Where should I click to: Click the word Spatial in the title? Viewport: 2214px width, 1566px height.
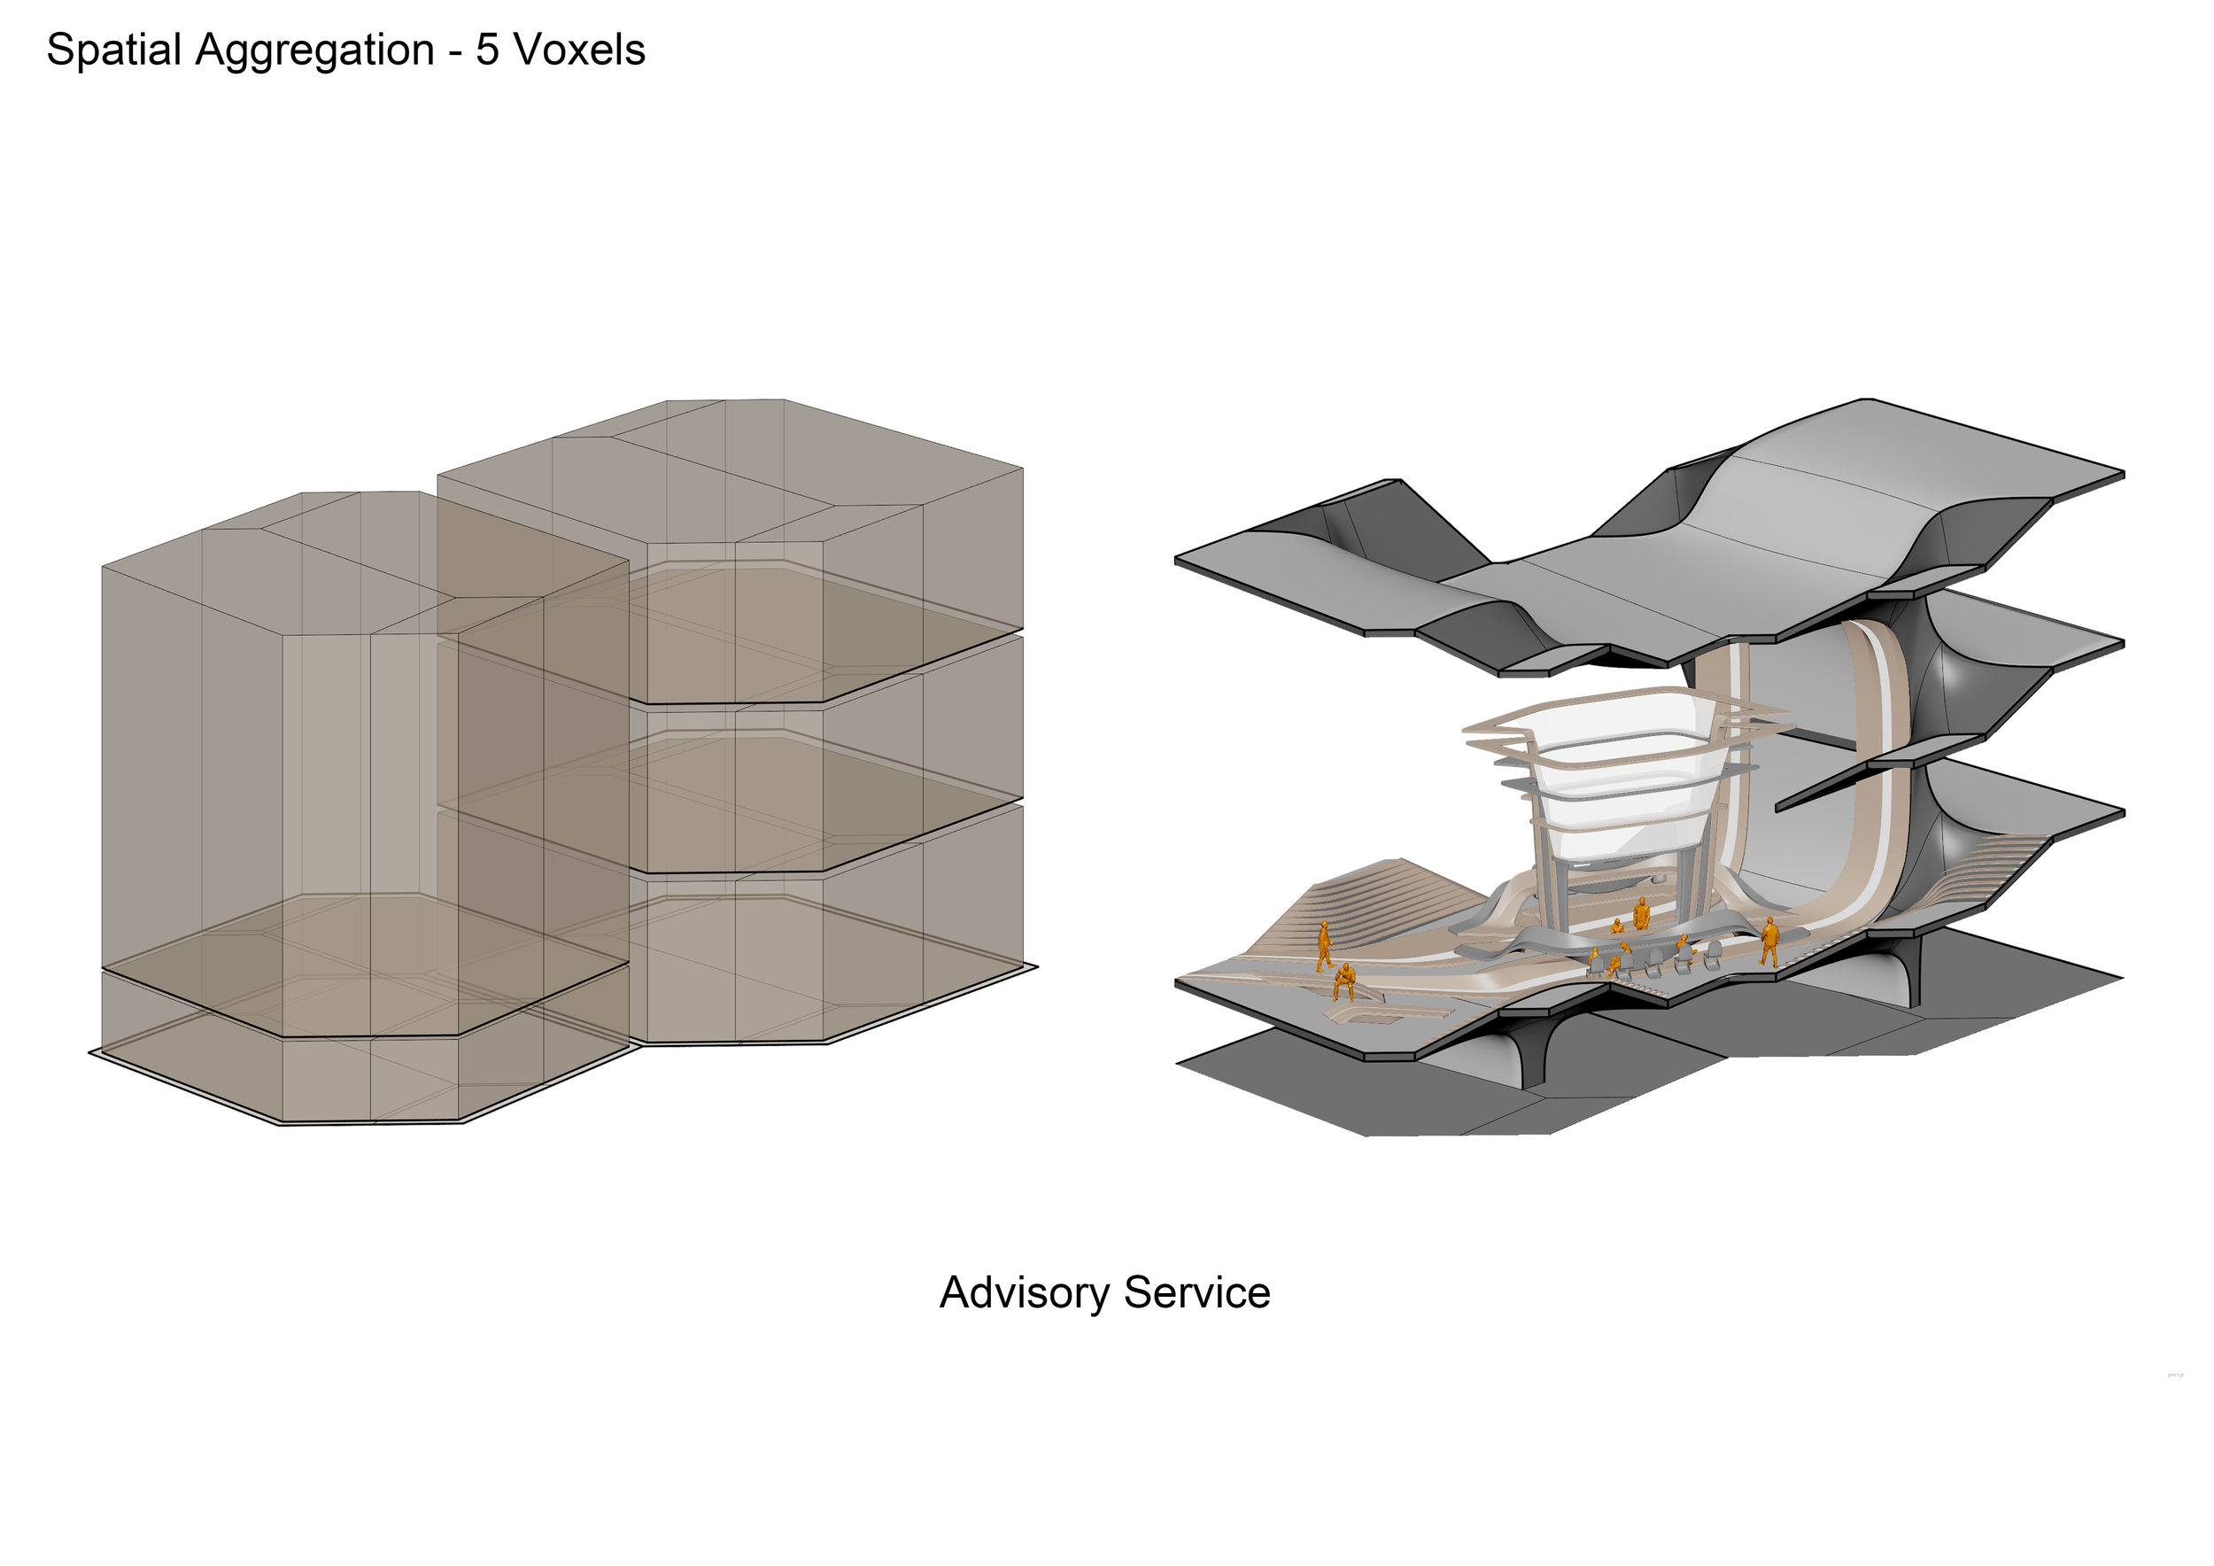pyautogui.click(x=113, y=50)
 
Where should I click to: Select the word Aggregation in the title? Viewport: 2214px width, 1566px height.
pyautogui.click(x=314, y=50)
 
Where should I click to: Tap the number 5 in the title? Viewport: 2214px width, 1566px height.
pyautogui.click(x=487, y=50)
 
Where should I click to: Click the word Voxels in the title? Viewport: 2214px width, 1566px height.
pyautogui.click(x=578, y=50)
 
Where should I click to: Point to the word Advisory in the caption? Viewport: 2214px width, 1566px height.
pyautogui.click(x=1023, y=1293)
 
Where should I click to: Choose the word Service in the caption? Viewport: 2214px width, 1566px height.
pyautogui.click(x=1196, y=1293)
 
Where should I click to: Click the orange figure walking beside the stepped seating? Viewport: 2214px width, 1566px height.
pyautogui.click(x=1325, y=944)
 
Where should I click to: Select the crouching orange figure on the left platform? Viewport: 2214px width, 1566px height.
pyautogui.click(x=1344, y=981)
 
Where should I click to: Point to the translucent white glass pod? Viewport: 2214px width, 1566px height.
pyautogui.click(x=1610, y=771)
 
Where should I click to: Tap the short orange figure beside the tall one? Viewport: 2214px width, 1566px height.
pyautogui.click(x=1617, y=926)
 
